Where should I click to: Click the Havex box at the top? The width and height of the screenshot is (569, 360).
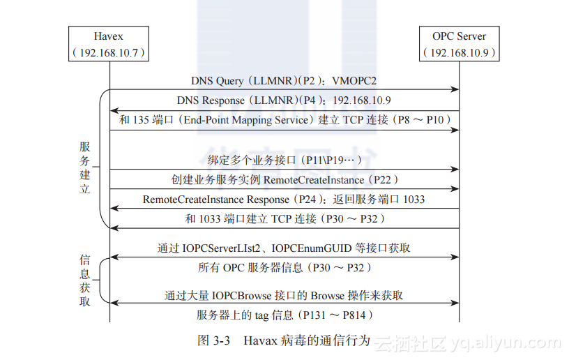[x=109, y=44]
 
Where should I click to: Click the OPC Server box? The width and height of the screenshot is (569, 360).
[x=459, y=44]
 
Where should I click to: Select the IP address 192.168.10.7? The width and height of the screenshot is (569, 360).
[x=109, y=53]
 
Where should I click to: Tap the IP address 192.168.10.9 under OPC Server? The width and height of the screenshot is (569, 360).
[x=460, y=53]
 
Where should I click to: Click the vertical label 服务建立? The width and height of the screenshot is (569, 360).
[x=85, y=167]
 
